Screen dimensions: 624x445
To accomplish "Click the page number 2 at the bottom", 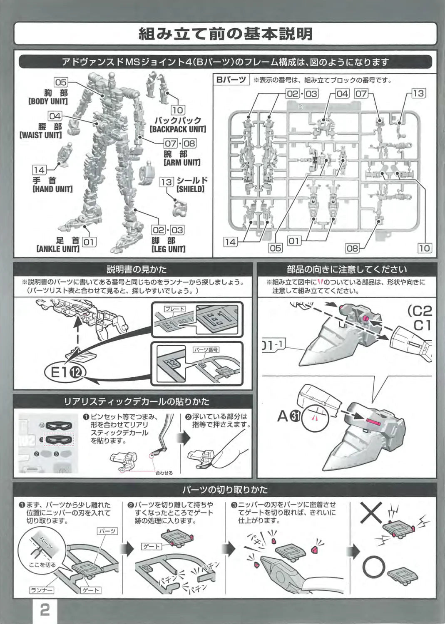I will (x=45, y=610).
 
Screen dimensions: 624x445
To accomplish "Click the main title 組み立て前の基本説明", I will (x=225, y=34).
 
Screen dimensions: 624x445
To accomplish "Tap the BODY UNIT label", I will (x=48, y=101).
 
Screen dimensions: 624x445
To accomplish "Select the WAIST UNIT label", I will (x=41, y=135).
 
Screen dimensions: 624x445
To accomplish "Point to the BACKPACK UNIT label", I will (x=178, y=129).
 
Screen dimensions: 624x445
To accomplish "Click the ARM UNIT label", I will (x=182, y=162).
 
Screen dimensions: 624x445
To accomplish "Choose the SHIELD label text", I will (x=191, y=189).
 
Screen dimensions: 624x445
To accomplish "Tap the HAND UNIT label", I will (x=52, y=189).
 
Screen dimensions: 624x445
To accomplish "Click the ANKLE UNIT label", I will (x=58, y=249).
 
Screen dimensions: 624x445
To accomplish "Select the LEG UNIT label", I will (x=168, y=249).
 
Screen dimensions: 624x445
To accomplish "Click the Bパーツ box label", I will (x=231, y=80).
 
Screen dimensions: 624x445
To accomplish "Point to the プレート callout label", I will (x=174, y=309).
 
